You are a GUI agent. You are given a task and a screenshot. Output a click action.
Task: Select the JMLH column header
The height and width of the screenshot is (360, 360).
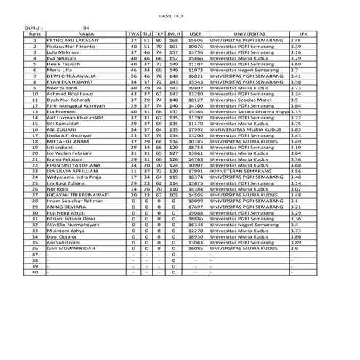coord(173,33)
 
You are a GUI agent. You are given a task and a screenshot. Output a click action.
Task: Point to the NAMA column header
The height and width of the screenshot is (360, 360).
coord(84,33)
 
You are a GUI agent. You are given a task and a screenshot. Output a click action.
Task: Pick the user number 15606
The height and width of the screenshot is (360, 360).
coord(196,40)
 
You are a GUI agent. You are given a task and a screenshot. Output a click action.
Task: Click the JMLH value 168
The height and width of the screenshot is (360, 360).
coord(173,40)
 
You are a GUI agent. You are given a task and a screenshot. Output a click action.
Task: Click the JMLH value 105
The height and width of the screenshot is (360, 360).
coord(173,194)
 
